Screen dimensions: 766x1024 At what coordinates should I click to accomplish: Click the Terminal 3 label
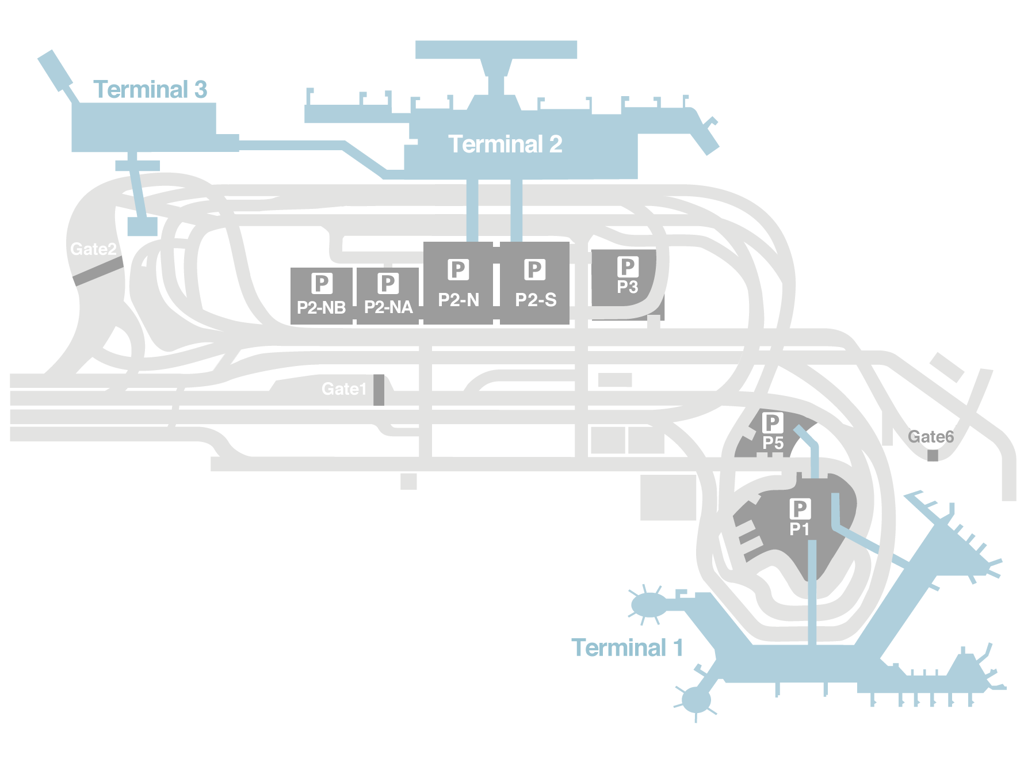pyautogui.click(x=150, y=90)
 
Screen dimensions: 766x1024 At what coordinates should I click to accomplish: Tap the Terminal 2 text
pyautogui.click(x=505, y=144)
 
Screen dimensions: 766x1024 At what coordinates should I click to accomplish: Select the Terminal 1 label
pyautogui.click(x=627, y=648)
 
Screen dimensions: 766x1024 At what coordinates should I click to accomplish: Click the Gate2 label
pyautogui.click(x=93, y=249)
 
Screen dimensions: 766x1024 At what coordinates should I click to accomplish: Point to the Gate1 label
pyautogui.click(x=343, y=389)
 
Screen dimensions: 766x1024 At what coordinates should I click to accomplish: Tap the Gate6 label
pyautogui.click(x=930, y=437)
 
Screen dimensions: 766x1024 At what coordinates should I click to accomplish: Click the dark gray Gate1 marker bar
pyautogui.click(x=379, y=390)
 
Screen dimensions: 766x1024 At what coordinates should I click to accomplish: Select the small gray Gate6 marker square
pyautogui.click(x=933, y=455)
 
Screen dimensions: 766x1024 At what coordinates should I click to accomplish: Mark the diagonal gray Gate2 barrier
pyautogui.click(x=98, y=271)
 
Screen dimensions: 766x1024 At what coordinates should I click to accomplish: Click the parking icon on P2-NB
pyautogui.click(x=322, y=283)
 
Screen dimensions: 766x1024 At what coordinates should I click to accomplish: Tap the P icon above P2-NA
pyautogui.click(x=388, y=283)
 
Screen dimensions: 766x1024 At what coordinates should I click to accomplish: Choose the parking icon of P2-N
pyautogui.click(x=458, y=269)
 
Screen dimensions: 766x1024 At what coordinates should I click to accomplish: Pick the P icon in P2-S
pyautogui.click(x=534, y=269)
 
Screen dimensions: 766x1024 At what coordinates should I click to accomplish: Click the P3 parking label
pyautogui.click(x=627, y=287)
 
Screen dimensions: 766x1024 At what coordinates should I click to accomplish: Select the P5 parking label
pyautogui.click(x=773, y=443)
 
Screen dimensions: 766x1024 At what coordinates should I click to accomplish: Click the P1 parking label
pyautogui.click(x=799, y=529)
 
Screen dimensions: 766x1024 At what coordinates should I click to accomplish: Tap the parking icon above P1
pyautogui.click(x=800, y=509)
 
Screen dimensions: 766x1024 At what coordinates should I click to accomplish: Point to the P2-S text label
pyautogui.click(x=536, y=300)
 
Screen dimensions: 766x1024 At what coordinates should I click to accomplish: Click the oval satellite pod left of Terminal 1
pyautogui.click(x=648, y=605)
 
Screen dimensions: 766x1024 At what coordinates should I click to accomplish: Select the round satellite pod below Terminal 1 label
pyautogui.click(x=696, y=700)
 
